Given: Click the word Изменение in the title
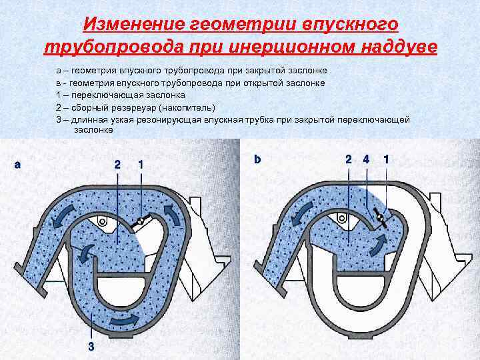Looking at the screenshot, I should click(x=125, y=25).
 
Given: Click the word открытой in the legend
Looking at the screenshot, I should click(x=268, y=83).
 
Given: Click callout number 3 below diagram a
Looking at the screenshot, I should click(x=91, y=345).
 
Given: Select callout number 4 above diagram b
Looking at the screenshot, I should click(x=365, y=159).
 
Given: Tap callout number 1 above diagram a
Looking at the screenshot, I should click(x=140, y=163).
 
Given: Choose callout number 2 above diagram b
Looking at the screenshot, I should click(x=348, y=159).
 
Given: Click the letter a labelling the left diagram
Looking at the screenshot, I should click(x=17, y=163).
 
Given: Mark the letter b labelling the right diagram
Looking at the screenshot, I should click(x=257, y=159).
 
